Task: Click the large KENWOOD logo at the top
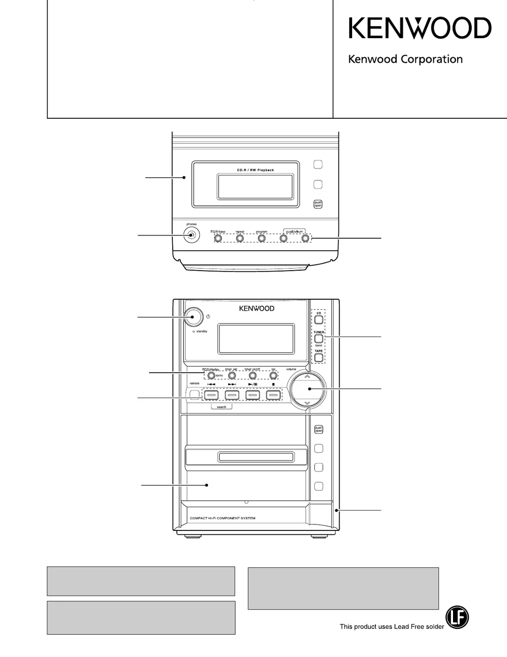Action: coord(420,28)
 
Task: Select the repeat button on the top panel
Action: coord(240,238)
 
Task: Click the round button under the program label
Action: coord(262,238)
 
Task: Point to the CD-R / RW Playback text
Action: coord(255,170)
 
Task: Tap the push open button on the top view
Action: coord(318,204)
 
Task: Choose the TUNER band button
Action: coord(319,339)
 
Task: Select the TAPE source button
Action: coord(319,358)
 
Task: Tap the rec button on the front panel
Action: coord(273,376)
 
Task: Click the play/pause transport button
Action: coord(253,395)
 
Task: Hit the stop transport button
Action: coord(273,395)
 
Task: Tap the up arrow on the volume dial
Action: coord(307,376)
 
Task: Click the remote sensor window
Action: coord(194,394)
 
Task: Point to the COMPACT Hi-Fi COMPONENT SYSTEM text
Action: coord(223,518)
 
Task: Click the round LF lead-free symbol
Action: coord(457,617)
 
